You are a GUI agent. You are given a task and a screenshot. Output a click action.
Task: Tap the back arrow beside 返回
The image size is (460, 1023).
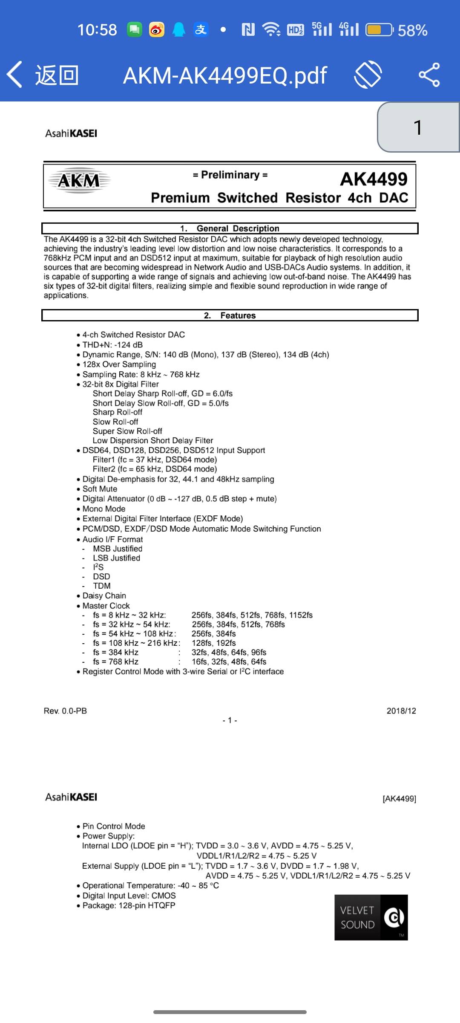(x=14, y=75)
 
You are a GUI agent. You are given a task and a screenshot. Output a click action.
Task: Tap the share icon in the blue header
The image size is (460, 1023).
(x=429, y=75)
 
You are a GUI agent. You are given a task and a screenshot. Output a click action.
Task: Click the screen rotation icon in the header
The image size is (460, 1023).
(x=368, y=75)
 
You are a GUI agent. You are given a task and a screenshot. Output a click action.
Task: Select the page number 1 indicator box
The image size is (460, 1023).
(x=418, y=127)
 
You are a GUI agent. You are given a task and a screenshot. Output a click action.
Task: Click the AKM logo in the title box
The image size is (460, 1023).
(x=79, y=181)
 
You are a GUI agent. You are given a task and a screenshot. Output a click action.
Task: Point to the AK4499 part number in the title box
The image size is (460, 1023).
(x=374, y=179)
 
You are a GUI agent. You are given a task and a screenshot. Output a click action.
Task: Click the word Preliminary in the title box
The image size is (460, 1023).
(x=230, y=175)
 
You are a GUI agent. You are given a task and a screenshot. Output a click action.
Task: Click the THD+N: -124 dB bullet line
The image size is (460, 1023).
(x=112, y=345)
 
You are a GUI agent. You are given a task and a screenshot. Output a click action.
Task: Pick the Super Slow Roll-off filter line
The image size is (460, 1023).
(x=127, y=431)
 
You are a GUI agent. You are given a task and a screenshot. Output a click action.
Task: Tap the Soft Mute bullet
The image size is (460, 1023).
(x=100, y=489)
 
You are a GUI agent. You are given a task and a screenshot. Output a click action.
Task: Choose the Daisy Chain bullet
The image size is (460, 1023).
(x=104, y=595)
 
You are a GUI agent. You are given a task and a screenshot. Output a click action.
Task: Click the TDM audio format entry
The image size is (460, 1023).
(x=102, y=586)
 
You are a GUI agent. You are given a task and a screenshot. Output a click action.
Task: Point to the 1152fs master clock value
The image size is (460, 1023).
(x=301, y=615)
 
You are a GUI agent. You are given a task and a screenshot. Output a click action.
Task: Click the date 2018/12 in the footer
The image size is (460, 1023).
(x=401, y=711)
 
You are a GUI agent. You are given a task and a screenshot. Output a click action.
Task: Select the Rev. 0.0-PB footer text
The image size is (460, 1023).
(x=65, y=711)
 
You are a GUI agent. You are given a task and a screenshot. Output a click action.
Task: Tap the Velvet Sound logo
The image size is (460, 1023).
(x=371, y=917)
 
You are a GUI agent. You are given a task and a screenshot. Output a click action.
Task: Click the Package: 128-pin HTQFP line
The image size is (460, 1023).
(x=129, y=905)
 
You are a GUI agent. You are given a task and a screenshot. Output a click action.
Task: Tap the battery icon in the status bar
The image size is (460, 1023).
(x=379, y=30)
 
